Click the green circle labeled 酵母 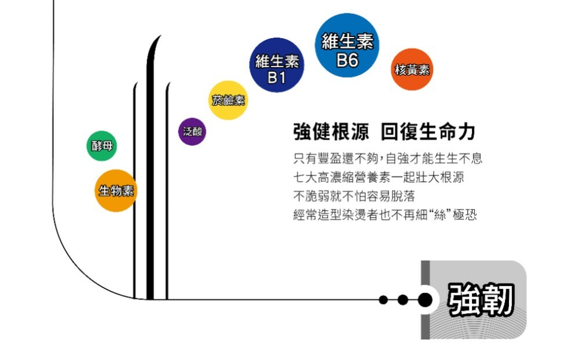click(101, 146)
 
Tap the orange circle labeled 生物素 click(115, 190)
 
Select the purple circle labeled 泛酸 click(192, 131)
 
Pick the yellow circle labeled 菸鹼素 click(228, 100)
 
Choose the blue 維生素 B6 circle click(347, 45)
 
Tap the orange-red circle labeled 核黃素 click(412, 69)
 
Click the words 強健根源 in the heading click(331, 132)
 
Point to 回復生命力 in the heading click(428, 132)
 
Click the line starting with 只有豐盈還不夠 click(388, 158)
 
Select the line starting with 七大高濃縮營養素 click(379, 177)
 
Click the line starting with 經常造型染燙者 click(385, 215)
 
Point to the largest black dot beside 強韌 click(425, 300)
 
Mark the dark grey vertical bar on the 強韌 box click(426, 299)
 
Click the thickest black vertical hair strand click(150, 174)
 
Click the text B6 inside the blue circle click(347, 60)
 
